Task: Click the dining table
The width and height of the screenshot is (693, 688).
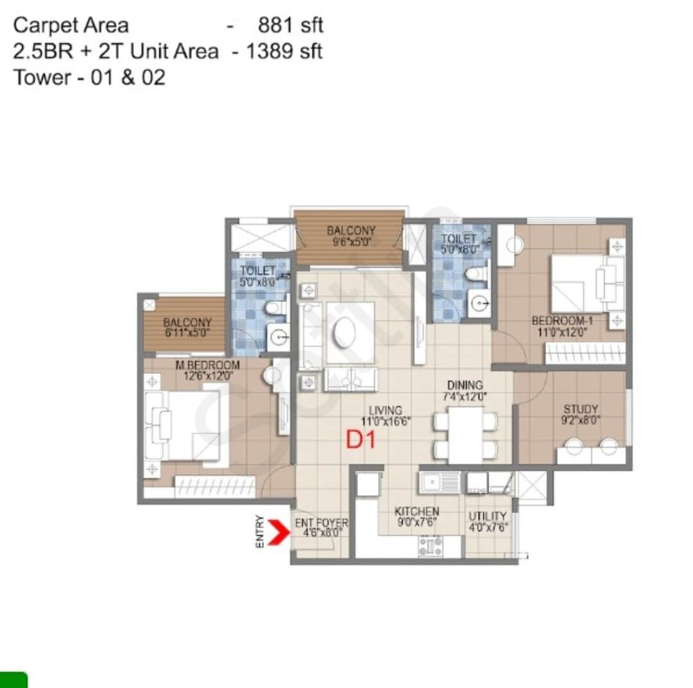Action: pyautogui.click(x=466, y=434)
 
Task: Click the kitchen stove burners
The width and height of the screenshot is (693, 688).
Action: pyautogui.click(x=431, y=546)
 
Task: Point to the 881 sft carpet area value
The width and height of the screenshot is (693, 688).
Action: pyautogui.click(x=290, y=25)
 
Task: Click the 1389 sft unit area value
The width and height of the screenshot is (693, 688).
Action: pyautogui.click(x=284, y=51)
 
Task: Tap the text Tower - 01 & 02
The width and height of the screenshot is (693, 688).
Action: pyautogui.click(x=89, y=78)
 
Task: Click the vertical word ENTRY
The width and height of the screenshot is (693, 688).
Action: pyautogui.click(x=260, y=531)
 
